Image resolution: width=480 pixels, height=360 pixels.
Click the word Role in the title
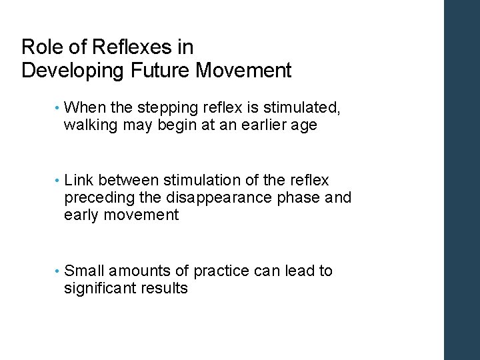pos(39,47)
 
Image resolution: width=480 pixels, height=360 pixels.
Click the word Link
pos(79,181)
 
